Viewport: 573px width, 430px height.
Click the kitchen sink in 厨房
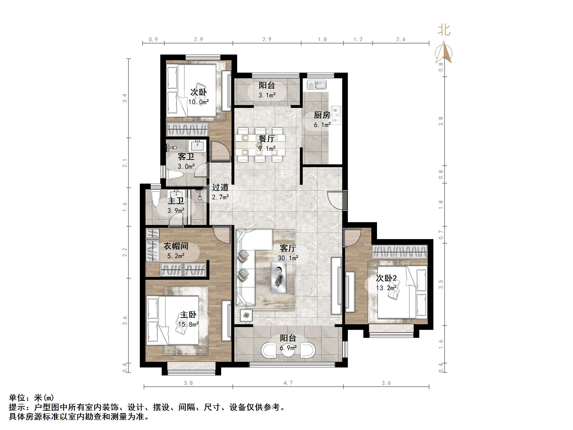pyautogui.click(x=317, y=85)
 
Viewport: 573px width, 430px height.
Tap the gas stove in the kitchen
pyautogui.click(x=336, y=115)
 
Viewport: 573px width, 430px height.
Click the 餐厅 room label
pyautogui.click(x=267, y=139)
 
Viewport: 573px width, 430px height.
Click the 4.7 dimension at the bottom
pyautogui.click(x=288, y=383)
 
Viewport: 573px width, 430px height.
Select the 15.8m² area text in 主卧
pyautogui.click(x=188, y=324)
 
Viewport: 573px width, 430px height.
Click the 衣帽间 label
pyautogui.click(x=176, y=246)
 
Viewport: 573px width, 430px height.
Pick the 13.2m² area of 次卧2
pyautogui.click(x=386, y=288)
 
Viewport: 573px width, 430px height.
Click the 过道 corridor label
pyautogui.click(x=220, y=187)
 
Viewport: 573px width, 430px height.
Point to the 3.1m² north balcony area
pyautogui.click(x=267, y=95)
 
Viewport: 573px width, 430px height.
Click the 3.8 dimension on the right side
pyautogui.click(x=441, y=121)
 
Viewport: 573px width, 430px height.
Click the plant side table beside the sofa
pyautogui.click(x=246, y=316)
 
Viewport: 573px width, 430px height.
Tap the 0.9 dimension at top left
pyautogui.click(x=153, y=39)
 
